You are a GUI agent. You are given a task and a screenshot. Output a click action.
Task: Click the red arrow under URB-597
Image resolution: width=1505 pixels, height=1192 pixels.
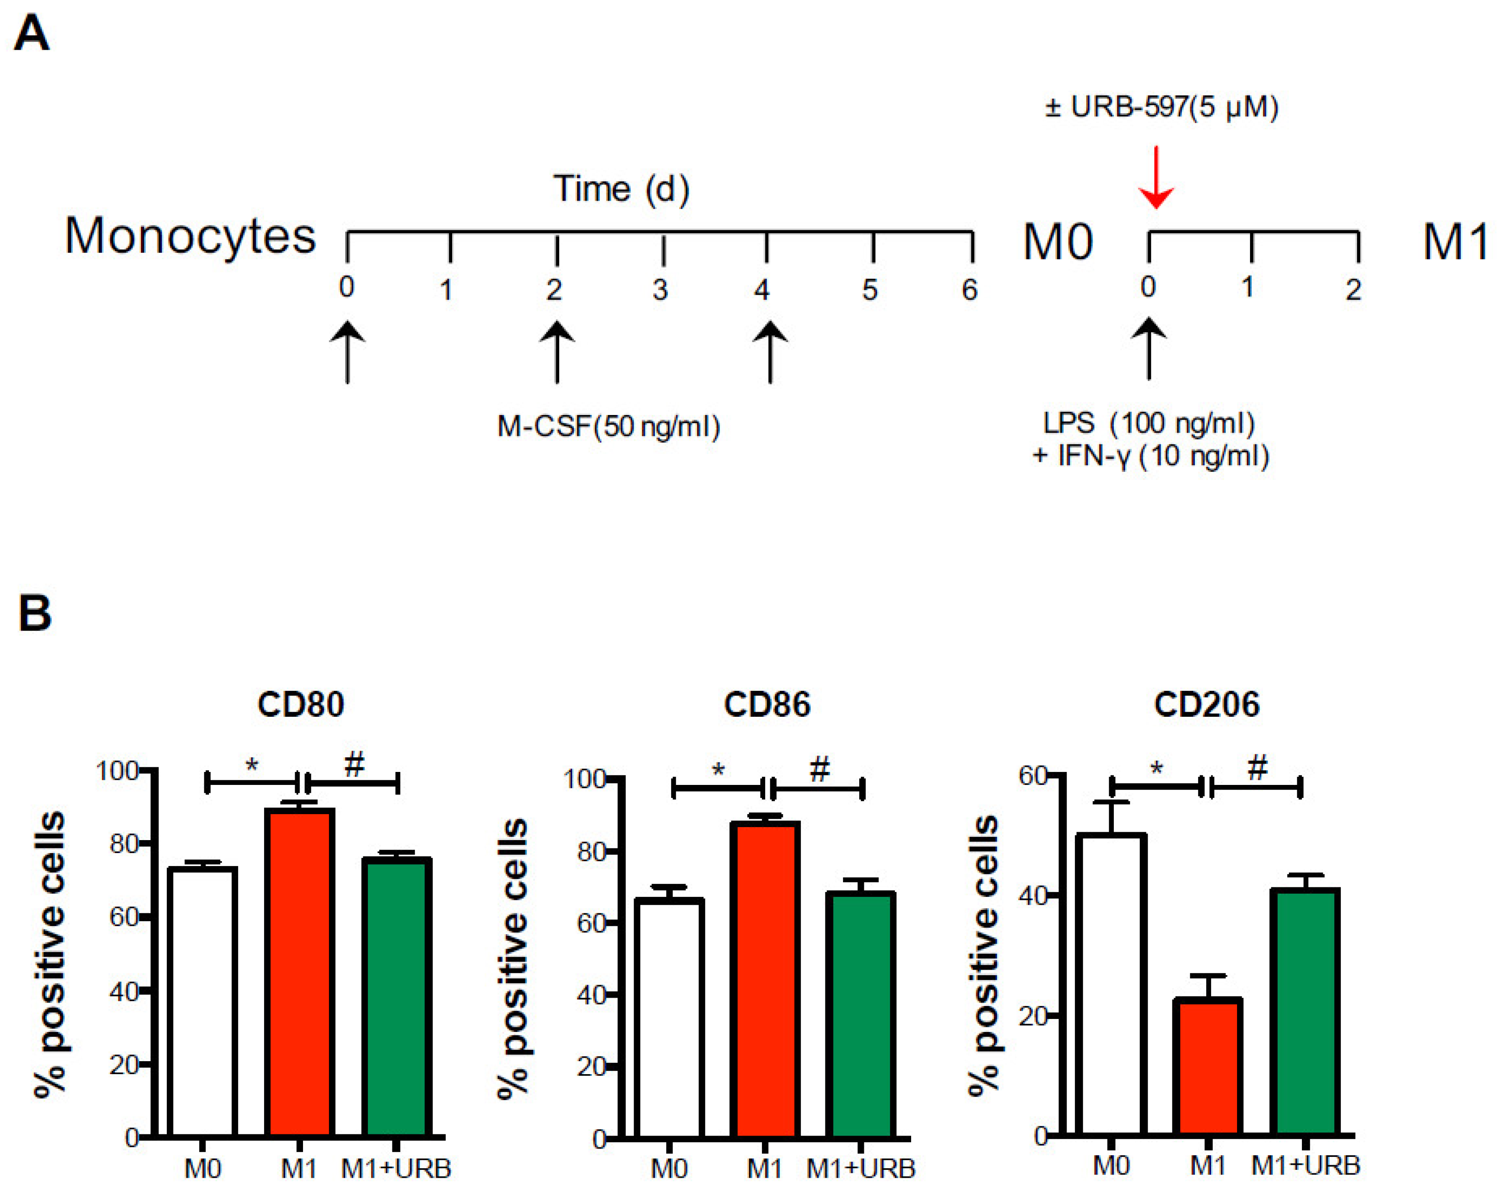tap(1156, 178)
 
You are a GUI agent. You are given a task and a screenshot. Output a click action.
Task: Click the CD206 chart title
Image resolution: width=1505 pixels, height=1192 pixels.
tap(1206, 704)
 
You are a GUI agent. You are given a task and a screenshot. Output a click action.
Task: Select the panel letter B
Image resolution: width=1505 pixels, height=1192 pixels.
tap(35, 613)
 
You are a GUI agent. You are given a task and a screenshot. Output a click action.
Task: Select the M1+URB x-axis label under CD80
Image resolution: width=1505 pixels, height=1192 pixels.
tap(396, 1168)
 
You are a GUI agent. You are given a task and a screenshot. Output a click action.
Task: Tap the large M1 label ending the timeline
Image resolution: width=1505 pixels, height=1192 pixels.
tap(1455, 242)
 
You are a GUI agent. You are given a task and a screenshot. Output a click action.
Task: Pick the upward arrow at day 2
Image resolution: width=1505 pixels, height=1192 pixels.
tap(556, 352)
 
